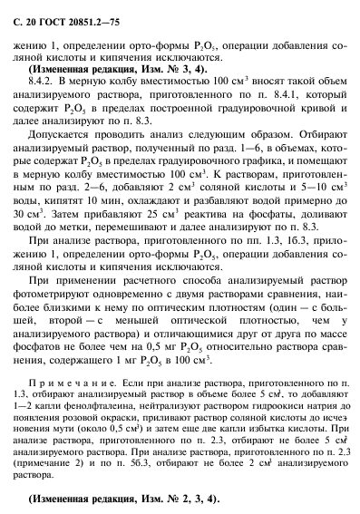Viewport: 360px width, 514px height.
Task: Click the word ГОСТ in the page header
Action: click(x=44, y=11)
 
